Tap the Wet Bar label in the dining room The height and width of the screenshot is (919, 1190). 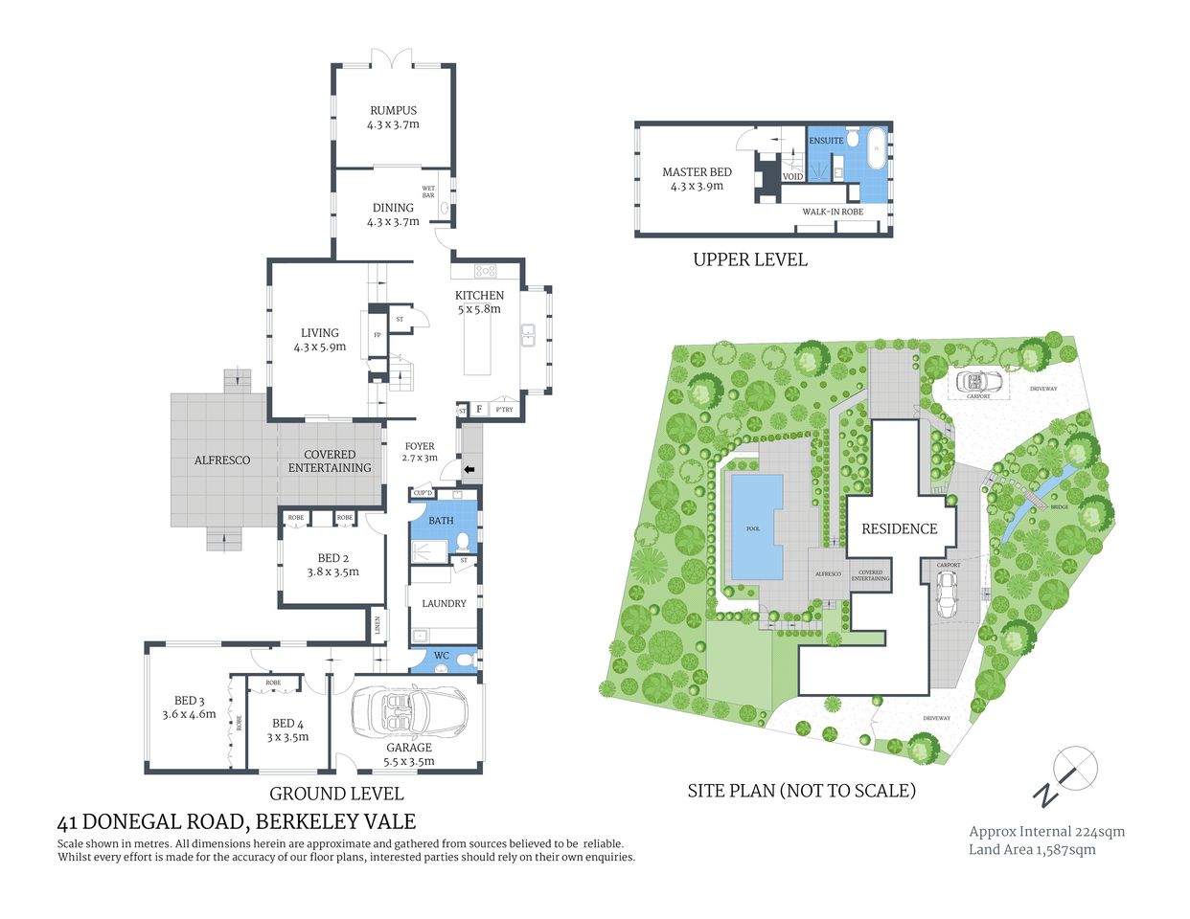(x=428, y=191)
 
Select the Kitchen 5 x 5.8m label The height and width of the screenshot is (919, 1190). (x=479, y=302)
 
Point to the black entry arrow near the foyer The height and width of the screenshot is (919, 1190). (x=469, y=469)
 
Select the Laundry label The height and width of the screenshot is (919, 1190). (x=444, y=603)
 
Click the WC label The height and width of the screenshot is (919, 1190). (x=442, y=656)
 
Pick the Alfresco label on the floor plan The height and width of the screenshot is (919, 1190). (x=222, y=460)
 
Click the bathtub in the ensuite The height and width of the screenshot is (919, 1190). (x=875, y=150)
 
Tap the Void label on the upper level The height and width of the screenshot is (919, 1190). (x=792, y=177)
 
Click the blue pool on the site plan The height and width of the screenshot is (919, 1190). (x=755, y=527)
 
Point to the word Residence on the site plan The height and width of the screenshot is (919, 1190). (x=899, y=528)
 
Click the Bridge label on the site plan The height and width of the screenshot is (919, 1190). (x=1059, y=506)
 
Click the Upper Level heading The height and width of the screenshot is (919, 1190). (x=749, y=259)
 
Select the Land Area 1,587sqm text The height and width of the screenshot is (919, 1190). (x=1032, y=849)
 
